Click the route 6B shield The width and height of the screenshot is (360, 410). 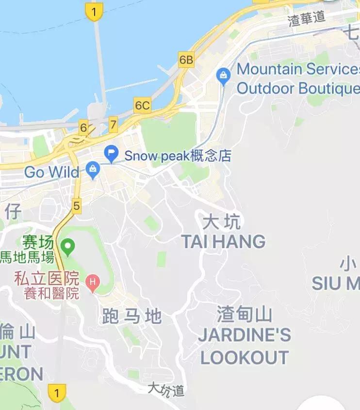tap(186, 60)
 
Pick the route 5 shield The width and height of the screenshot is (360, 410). tap(76, 205)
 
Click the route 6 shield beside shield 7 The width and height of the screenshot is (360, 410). tap(83, 128)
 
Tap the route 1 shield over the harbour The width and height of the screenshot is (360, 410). tap(94, 11)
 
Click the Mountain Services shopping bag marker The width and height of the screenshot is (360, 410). tap(223, 76)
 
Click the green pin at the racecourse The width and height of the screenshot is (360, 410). tap(68, 248)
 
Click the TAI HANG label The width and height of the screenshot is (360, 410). tap(223, 241)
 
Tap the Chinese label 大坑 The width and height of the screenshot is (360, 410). tap(221, 222)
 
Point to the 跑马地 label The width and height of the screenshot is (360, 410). tap(131, 316)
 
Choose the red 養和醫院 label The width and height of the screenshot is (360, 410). tap(51, 293)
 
